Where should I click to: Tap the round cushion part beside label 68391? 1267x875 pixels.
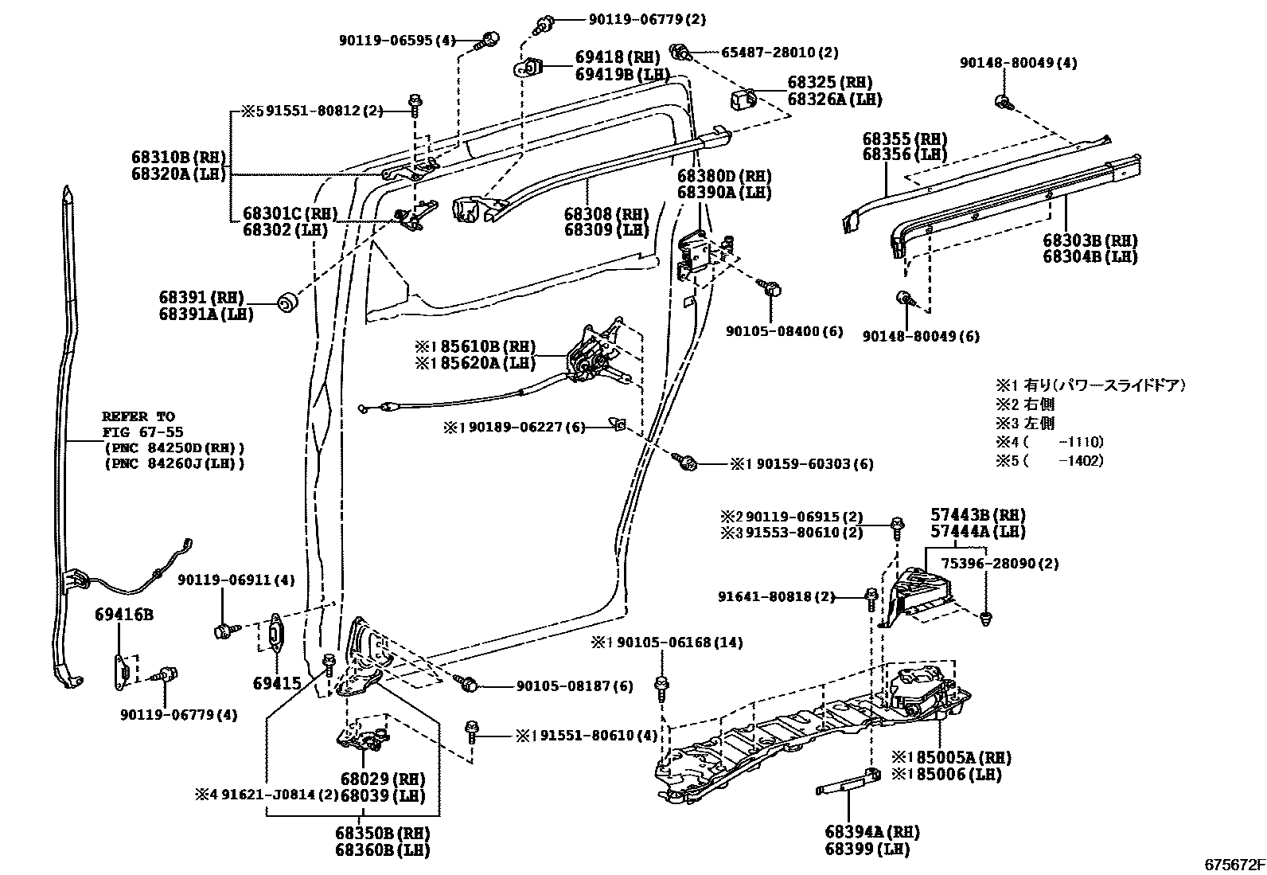coord(287,303)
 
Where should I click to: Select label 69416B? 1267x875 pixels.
coord(123,615)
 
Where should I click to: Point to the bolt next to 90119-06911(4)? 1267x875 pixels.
coord(224,631)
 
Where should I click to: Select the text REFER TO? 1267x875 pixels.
coord(138,416)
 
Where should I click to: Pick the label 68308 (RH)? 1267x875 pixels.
coord(606,213)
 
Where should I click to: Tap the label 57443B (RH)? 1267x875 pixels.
coord(977,514)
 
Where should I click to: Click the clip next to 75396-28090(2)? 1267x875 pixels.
coord(987,617)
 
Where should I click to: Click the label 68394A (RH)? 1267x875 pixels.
coord(871,832)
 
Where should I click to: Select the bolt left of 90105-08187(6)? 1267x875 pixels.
coord(469,683)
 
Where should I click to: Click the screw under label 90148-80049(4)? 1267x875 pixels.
coord(1003,101)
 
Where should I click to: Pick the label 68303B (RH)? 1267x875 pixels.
coord(1090,240)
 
